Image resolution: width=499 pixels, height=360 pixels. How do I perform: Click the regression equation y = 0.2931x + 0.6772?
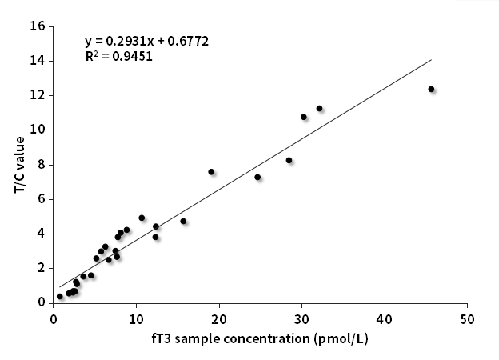pyautogui.click(x=147, y=41)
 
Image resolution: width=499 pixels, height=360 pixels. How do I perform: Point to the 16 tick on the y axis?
pyautogui.click(x=38, y=26)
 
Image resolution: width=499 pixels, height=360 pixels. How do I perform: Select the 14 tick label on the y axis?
pyautogui.click(x=38, y=61)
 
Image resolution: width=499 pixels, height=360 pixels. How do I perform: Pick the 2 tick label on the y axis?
pyautogui.click(x=41, y=268)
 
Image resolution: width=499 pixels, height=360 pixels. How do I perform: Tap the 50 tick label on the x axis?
pyautogui.click(x=468, y=319)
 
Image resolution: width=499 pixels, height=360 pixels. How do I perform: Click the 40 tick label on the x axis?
pyautogui.click(x=385, y=319)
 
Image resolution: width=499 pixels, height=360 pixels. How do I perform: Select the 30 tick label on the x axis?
pyautogui.click(x=301, y=319)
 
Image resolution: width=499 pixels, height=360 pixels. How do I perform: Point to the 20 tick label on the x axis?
pyautogui.click(x=219, y=319)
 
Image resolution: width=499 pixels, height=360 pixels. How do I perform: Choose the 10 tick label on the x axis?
pyautogui.click(x=136, y=319)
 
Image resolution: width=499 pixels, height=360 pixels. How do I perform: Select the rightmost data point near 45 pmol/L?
pyautogui.click(x=431, y=90)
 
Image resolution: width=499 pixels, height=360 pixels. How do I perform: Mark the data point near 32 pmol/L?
pyautogui.click(x=319, y=109)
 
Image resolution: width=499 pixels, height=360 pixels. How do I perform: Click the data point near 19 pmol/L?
pyautogui.click(x=211, y=172)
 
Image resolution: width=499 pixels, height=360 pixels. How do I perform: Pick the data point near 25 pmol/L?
pyautogui.click(x=257, y=177)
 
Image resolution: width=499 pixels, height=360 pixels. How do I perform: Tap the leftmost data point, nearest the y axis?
pyautogui.click(x=59, y=297)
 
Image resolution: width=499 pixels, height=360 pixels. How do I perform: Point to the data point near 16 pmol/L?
pyautogui.click(x=183, y=222)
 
